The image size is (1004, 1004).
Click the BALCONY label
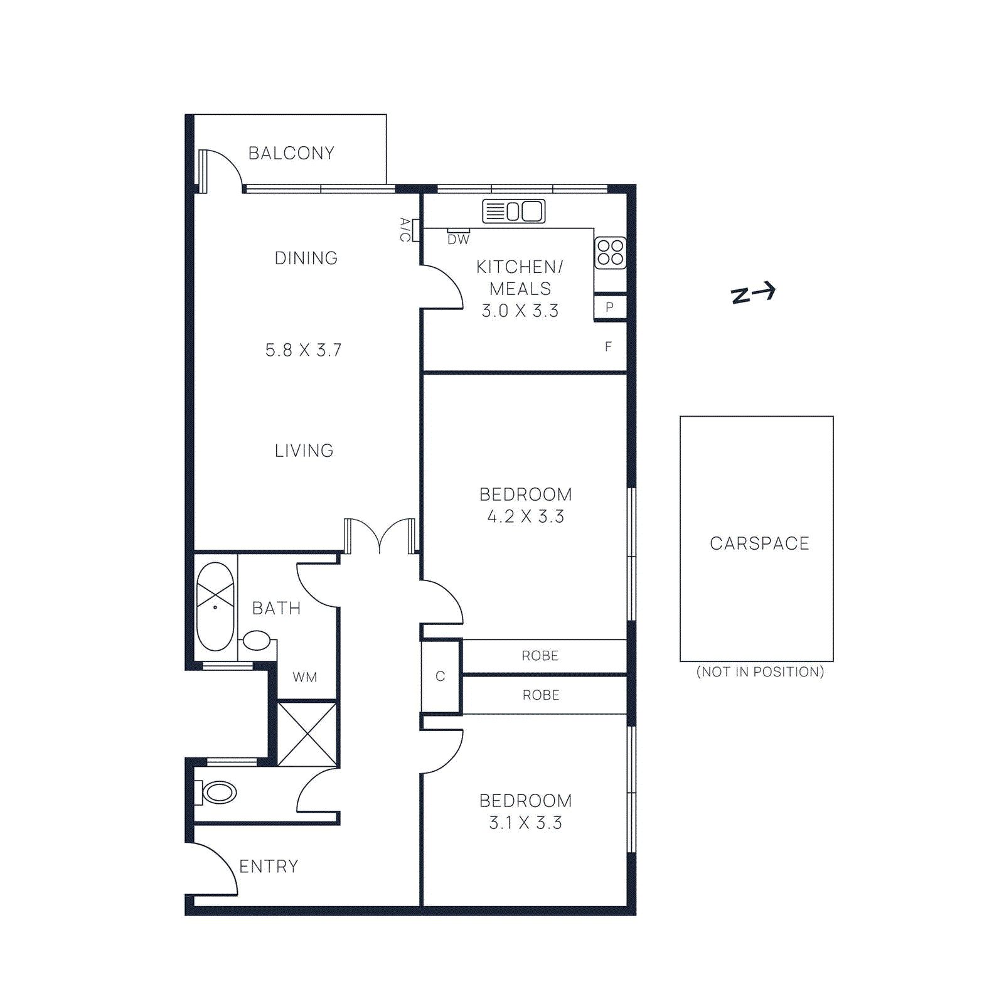[291, 153]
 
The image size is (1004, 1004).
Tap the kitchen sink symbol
[513, 211]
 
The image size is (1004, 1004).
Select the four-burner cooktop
[611, 252]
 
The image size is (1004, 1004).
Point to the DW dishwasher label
[459, 239]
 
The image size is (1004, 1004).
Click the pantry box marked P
[609, 307]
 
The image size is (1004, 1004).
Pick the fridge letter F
[608, 346]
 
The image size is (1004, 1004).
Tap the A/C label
[405, 230]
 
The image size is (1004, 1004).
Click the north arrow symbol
[753, 293]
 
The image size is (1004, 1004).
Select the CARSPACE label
[759, 543]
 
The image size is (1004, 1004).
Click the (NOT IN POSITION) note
[760, 672]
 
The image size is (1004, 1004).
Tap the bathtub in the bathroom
[215, 606]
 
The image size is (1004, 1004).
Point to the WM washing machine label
[305, 677]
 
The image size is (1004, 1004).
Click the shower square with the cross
[307, 734]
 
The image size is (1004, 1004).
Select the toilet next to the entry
[217, 793]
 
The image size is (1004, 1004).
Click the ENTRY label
[269, 867]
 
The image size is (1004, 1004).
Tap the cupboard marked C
[441, 676]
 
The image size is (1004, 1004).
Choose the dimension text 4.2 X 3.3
[526, 516]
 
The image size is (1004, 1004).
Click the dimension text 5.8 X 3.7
[304, 350]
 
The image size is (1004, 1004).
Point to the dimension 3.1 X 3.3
[526, 823]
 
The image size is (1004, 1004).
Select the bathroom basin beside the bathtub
[257, 641]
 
